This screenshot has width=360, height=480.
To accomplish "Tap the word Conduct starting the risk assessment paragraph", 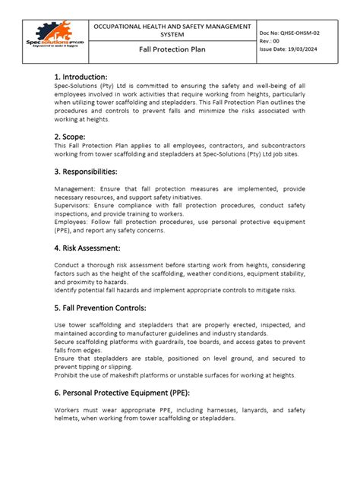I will coord(68,264).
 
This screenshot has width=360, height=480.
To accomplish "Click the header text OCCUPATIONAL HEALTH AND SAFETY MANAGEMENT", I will coord(171,27).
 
